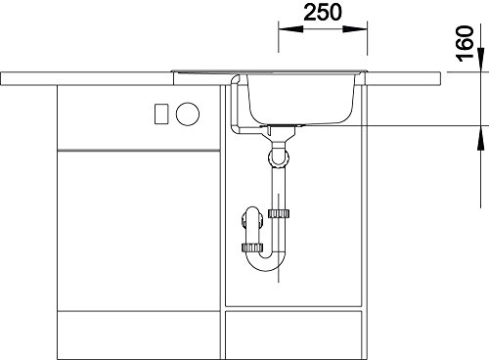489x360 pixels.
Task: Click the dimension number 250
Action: [323, 13]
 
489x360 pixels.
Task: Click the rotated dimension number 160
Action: [465, 43]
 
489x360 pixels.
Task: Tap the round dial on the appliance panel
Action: [188, 113]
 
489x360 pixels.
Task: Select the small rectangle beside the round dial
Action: [161, 113]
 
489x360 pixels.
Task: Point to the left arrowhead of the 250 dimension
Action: [290, 29]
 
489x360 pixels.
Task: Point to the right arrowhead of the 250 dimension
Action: [355, 29]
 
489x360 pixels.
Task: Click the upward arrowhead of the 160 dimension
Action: [480, 138]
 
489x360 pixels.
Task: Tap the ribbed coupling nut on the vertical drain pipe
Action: [279, 213]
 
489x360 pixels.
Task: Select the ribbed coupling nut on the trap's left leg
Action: [252, 247]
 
